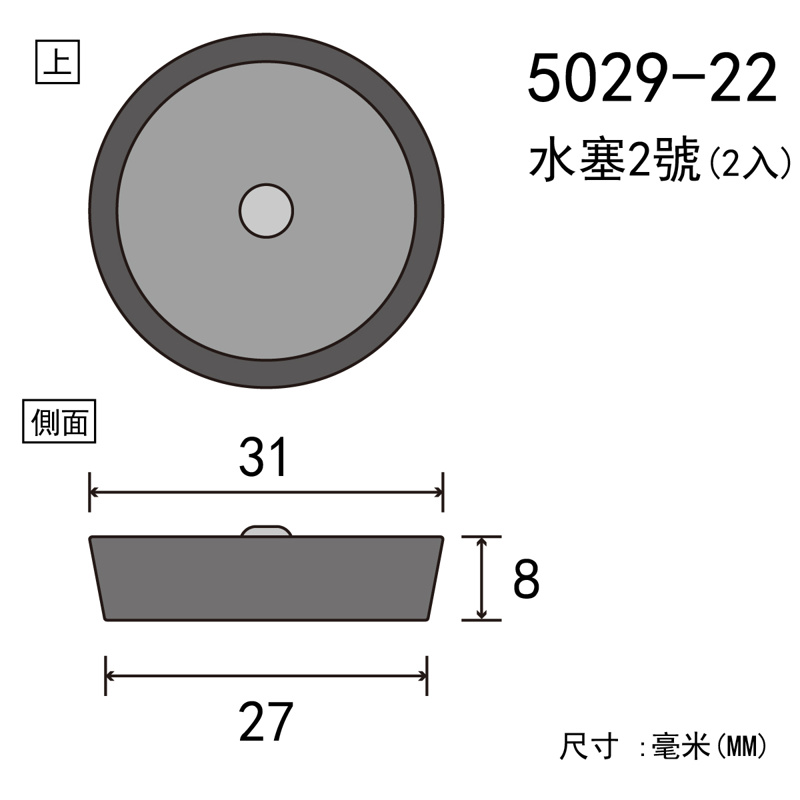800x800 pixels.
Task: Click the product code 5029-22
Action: (652, 79)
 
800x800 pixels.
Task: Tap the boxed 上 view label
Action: (57, 62)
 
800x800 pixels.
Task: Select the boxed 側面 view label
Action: (59, 421)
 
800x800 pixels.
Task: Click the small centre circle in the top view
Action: (266, 211)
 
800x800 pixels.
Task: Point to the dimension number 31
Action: (263, 457)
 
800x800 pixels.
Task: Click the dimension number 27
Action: (266, 722)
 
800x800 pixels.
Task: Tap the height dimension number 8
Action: (526, 578)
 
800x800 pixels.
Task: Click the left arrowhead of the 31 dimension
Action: (93, 493)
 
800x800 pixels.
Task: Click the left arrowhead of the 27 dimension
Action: (109, 676)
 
